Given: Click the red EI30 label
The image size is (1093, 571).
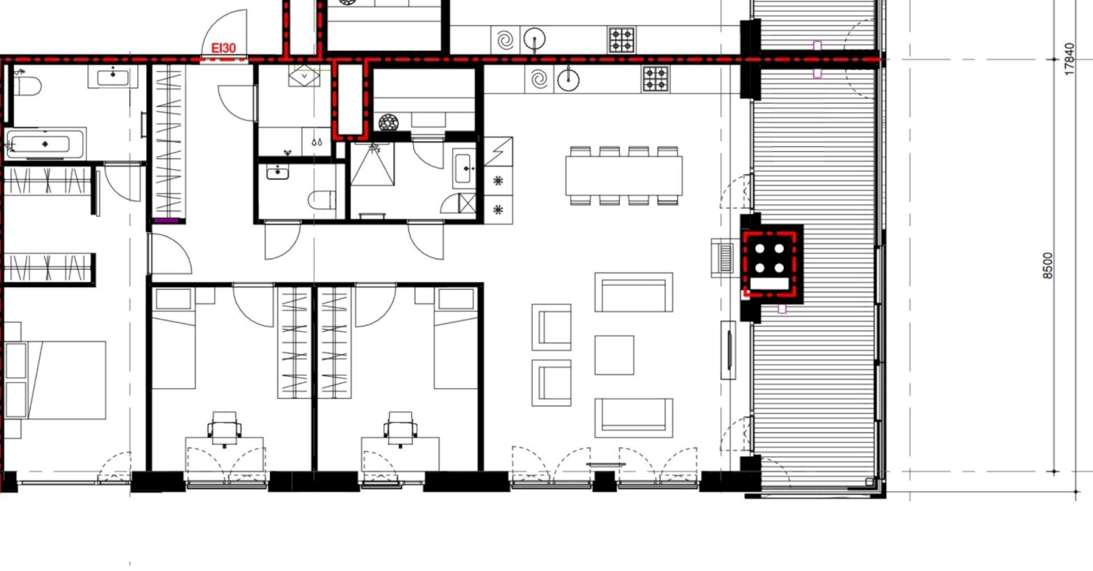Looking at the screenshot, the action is tap(223, 48).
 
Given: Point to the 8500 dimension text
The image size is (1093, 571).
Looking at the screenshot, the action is tap(1047, 266).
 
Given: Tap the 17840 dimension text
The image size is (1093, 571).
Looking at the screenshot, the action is tap(1069, 59).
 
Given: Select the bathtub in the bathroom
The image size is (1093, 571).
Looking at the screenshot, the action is tap(45, 144).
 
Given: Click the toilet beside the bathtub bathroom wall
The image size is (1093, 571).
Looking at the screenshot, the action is tap(28, 86).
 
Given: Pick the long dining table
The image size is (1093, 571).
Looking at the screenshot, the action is tap(624, 176).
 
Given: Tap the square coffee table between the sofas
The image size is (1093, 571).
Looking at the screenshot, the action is tap(615, 355).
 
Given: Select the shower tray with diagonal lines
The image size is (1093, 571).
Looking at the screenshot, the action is tap(372, 164).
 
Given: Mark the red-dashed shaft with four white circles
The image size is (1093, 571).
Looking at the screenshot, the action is tap(770, 264).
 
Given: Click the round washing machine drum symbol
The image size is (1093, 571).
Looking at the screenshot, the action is tap(388, 122).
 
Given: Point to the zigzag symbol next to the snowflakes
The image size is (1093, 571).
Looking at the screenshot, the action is tap(498, 151).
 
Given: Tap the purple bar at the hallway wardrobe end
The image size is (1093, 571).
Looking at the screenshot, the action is tap(166, 221).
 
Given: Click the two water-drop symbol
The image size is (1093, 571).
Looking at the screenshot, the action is tap(317, 142).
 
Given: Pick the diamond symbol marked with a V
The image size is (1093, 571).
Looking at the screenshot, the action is tap(304, 76).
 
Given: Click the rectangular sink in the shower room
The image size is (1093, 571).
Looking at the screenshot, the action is tap(464, 168).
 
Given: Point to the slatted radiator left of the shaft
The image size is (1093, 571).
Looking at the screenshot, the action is tap(725, 258).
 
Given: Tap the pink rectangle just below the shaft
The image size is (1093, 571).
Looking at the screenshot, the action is tap(782, 309).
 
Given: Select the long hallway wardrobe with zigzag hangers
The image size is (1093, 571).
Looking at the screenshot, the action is tap(168, 141).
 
